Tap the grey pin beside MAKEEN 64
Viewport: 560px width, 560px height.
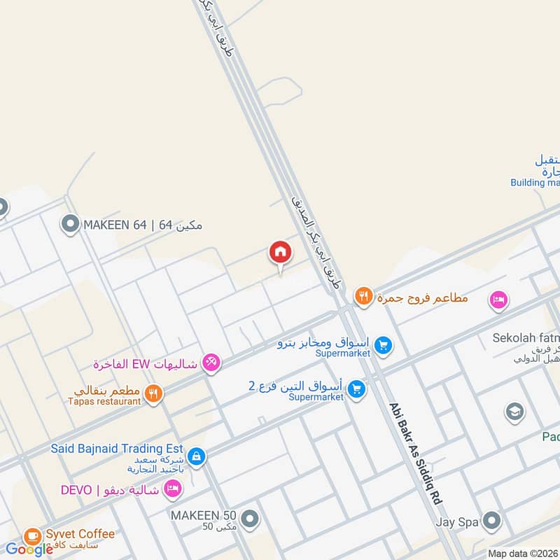(x=69, y=225)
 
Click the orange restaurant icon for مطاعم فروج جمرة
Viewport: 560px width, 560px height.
(x=363, y=297)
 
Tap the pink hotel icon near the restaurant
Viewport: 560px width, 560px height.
(x=498, y=300)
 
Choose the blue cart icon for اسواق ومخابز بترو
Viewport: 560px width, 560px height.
(x=382, y=344)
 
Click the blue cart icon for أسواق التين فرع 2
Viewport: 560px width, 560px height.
(x=357, y=388)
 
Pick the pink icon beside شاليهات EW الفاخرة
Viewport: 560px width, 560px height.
(x=211, y=363)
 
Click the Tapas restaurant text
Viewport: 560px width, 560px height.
(x=104, y=401)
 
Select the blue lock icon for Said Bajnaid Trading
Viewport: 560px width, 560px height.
(x=197, y=456)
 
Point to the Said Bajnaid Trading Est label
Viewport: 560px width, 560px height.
(x=116, y=448)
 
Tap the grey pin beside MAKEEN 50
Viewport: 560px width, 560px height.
(x=250, y=519)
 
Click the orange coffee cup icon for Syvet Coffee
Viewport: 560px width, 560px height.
(x=32, y=536)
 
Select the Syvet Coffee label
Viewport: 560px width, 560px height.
(x=80, y=534)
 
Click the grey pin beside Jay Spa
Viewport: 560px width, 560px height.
(x=492, y=521)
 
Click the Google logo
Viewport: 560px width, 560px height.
(x=29, y=549)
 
